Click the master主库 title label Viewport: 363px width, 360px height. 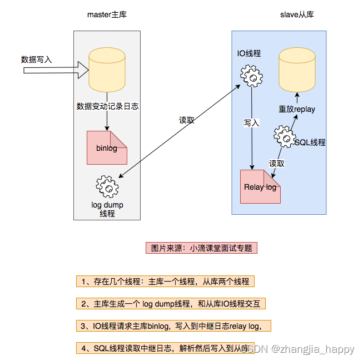[107, 14]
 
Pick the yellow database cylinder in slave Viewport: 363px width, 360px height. [296, 70]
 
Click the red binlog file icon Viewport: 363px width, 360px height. [107, 147]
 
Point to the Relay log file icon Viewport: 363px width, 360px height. [260, 187]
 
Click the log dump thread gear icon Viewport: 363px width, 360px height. [107, 186]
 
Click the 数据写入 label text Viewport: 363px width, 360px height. [36, 60]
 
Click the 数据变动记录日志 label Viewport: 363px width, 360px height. [107, 106]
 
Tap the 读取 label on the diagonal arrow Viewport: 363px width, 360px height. [186, 120]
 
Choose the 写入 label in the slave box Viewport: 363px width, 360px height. [251, 123]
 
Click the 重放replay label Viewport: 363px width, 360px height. [296, 109]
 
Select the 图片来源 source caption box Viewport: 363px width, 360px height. [202, 248]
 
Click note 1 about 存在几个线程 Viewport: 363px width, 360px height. [165, 282]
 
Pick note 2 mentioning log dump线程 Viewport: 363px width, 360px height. [171, 304]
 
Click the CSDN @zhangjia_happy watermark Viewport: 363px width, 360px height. [301, 349]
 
